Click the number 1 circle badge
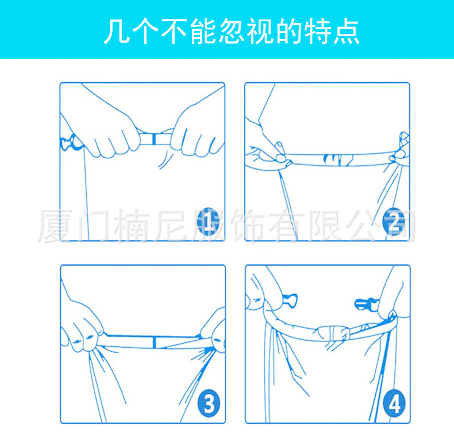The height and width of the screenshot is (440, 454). (209, 221)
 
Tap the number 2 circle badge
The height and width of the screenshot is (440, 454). (395, 222)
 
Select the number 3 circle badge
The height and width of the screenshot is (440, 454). (209, 404)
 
